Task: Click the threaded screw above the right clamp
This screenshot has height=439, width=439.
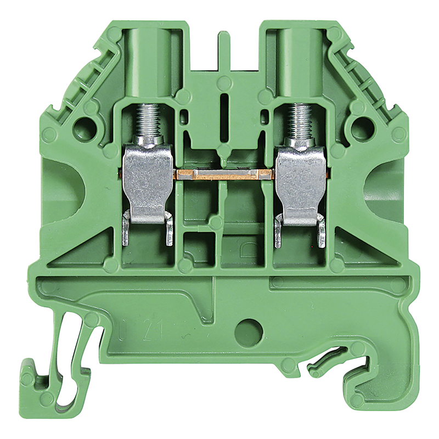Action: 299,120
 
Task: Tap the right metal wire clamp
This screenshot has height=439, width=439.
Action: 299,181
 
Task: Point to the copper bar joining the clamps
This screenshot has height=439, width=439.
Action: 223,175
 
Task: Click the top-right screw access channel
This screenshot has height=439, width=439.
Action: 299,60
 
